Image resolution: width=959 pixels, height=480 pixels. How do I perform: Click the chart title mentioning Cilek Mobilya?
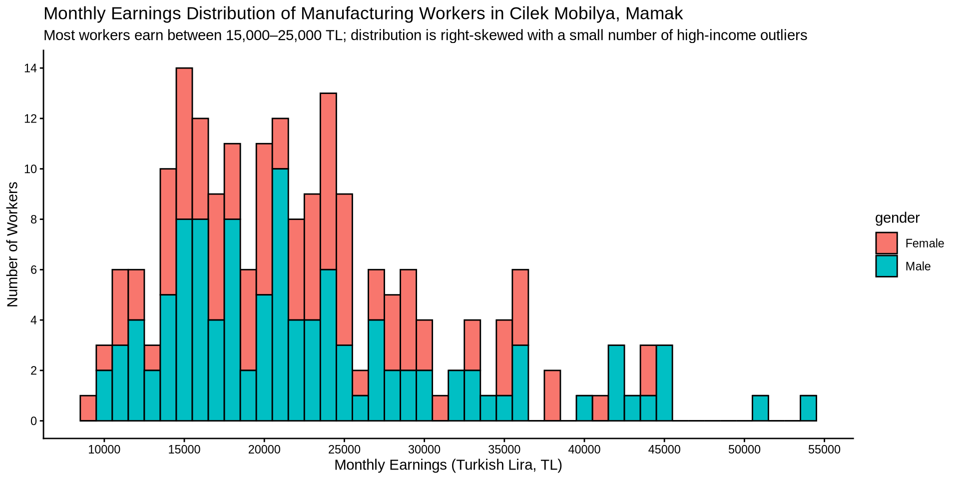pyautogui.click(x=363, y=13)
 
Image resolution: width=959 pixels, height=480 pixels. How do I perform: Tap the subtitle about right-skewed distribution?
pyautogui.click(x=425, y=35)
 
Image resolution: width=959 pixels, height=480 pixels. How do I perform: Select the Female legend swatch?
pyautogui.click(x=886, y=243)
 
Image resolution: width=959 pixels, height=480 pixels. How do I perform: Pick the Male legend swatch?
pyautogui.click(x=886, y=266)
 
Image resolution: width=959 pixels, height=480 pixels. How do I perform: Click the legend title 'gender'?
pyautogui.click(x=897, y=218)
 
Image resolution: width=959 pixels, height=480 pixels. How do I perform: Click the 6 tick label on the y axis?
pyautogui.click(x=33, y=270)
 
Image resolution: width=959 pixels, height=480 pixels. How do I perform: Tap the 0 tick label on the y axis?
pyautogui.click(x=33, y=421)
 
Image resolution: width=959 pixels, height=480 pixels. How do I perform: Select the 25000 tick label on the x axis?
pyautogui.click(x=344, y=449)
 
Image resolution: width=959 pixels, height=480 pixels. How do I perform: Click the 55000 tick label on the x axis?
pyautogui.click(x=824, y=449)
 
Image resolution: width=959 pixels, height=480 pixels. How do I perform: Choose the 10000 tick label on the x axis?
pyautogui.click(x=104, y=449)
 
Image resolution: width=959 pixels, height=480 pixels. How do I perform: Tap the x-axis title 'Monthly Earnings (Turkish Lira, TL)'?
pyautogui.click(x=448, y=465)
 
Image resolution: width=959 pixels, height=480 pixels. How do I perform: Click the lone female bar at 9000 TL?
pyautogui.click(x=88, y=408)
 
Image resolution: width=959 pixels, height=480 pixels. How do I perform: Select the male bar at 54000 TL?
pyautogui.click(x=808, y=408)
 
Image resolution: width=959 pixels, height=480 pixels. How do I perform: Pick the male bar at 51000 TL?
pyautogui.click(x=760, y=408)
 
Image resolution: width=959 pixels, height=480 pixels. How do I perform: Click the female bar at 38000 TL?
pyautogui.click(x=552, y=395)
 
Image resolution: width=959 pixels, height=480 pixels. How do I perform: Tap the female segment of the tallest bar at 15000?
pyautogui.click(x=184, y=143)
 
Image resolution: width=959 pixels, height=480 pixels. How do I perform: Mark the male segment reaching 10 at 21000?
pyautogui.click(x=280, y=295)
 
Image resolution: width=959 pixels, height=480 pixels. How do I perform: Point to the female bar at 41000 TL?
pyautogui.click(x=600, y=408)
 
